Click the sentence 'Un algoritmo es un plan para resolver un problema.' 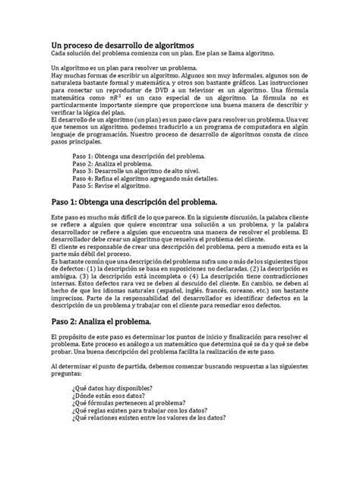pos(123,68)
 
